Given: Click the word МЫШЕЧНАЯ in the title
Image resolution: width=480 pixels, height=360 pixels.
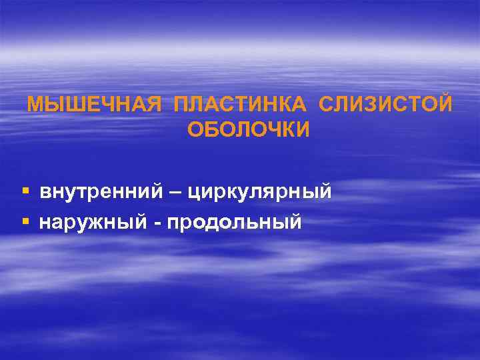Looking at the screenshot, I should (x=94, y=105).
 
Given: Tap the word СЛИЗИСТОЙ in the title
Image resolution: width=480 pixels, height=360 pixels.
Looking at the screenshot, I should (x=386, y=105).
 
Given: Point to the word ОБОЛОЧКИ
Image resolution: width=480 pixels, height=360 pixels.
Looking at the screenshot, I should (x=249, y=129).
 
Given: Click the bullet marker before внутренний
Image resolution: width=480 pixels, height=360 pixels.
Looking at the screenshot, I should (x=25, y=192).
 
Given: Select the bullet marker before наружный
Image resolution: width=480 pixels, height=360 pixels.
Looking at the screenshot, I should (x=25, y=221).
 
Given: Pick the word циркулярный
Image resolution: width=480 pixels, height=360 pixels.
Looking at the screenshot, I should (x=260, y=193).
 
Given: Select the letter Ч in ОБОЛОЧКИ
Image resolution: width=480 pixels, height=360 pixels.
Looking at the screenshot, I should (x=273, y=129).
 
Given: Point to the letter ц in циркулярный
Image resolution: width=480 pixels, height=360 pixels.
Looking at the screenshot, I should (x=195, y=193).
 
